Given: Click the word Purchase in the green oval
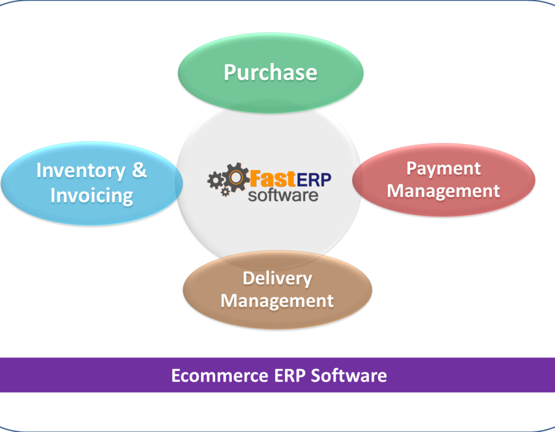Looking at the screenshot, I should (270, 72).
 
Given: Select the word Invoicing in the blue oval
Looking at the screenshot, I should (91, 196).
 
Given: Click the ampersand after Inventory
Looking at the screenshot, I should (139, 170).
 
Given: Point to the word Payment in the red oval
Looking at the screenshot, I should (443, 168).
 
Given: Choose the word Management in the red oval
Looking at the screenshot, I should (443, 191).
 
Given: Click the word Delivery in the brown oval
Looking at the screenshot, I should (277, 278).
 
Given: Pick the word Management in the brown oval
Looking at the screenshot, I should (277, 301).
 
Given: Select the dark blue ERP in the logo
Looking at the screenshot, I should (314, 178).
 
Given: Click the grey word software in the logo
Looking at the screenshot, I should (283, 195).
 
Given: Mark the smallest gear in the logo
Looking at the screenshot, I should (226, 192).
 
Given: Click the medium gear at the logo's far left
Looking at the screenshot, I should (215, 180).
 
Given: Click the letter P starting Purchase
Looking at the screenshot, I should (230, 72).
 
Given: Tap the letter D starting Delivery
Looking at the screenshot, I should (249, 278).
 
